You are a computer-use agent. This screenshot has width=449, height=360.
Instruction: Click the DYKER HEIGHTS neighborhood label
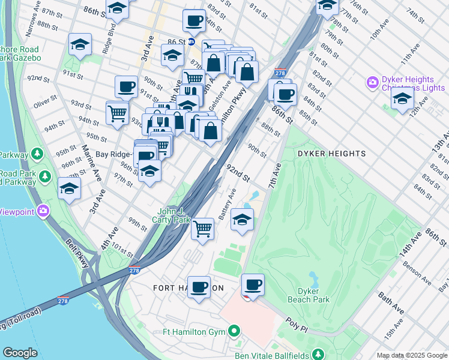(331, 154)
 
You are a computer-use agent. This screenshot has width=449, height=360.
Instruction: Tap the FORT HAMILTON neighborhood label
(188, 288)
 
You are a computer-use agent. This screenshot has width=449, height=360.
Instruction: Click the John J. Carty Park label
(174, 215)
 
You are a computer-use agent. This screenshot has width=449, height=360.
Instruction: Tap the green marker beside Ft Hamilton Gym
(235, 331)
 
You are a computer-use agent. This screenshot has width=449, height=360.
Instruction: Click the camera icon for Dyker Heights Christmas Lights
(372, 82)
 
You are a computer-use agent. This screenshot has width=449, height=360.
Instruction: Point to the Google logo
(20, 353)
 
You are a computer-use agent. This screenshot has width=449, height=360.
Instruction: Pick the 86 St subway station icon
(191, 42)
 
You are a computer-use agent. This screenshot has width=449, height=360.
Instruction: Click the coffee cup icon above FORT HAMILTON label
(198, 287)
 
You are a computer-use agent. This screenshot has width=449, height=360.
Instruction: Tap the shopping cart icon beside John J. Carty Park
(203, 229)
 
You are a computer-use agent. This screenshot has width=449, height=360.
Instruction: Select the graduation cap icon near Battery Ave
(242, 220)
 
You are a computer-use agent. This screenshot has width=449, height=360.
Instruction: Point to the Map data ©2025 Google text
(411, 355)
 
